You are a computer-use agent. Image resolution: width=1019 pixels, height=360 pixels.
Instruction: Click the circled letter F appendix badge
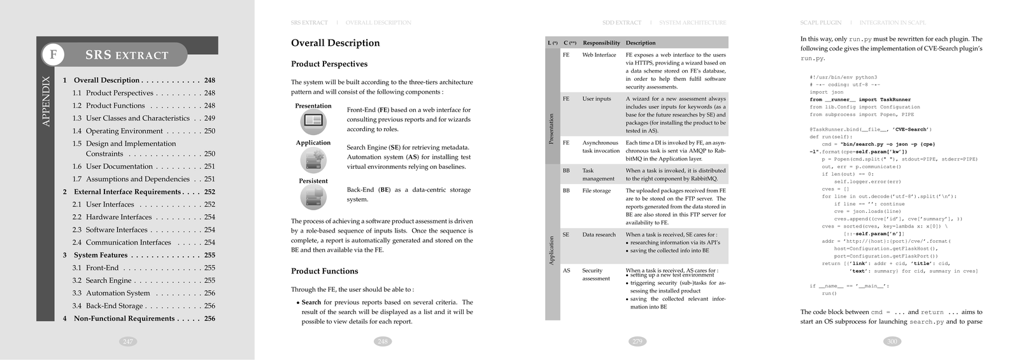point(53,55)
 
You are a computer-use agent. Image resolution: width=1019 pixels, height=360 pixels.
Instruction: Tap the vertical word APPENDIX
point(46,101)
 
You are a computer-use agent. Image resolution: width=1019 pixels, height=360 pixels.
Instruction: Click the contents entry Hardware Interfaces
point(118,217)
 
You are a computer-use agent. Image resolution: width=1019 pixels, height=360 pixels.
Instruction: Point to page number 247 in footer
point(128,342)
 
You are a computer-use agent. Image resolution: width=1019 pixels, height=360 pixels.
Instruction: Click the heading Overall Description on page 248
point(335,43)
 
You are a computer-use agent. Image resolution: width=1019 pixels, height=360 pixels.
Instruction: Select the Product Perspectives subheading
point(329,64)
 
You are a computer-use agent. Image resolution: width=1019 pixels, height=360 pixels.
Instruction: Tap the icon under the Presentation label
point(313,122)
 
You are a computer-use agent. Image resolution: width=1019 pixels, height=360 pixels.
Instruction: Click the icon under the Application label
point(313,159)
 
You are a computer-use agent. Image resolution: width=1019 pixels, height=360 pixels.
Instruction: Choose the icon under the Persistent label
point(313,198)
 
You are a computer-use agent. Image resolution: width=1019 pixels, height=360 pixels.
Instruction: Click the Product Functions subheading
point(325,271)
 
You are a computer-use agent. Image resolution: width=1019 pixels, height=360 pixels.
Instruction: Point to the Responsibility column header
point(601,43)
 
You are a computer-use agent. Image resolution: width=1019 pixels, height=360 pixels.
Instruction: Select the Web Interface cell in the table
point(599,55)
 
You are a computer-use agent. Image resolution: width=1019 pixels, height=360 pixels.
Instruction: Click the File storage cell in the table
point(597,191)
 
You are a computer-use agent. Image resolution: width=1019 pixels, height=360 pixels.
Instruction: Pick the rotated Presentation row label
point(552,129)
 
